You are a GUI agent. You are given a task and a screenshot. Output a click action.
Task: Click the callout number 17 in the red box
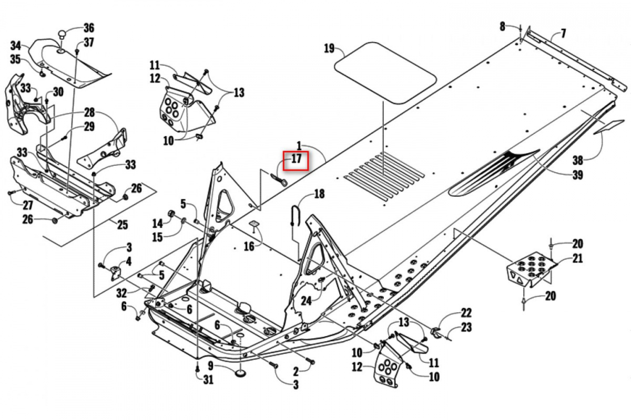[x=297, y=159]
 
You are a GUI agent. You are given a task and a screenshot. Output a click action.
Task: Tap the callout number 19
[x=329, y=48]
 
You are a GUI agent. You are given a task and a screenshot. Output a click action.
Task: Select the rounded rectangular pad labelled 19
[x=385, y=73]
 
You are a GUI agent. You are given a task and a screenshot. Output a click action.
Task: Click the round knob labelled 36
[x=62, y=36]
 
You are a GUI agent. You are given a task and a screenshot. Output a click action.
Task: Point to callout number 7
[x=563, y=34]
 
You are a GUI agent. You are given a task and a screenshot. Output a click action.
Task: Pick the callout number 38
[x=578, y=161]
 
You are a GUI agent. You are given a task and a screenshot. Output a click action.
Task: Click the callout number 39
[x=577, y=175]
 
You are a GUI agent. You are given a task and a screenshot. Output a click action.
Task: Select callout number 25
[x=122, y=225]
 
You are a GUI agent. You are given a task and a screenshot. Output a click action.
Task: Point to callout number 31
[x=208, y=380]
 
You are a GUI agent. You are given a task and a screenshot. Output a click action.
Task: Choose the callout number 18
[x=319, y=194]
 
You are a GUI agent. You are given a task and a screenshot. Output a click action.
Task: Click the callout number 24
[x=306, y=301]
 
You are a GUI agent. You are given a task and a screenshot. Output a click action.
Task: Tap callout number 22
[x=466, y=312]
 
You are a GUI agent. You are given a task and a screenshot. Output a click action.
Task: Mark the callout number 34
[x=16, y=46]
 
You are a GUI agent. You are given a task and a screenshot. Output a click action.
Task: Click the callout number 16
[x=249, y=247]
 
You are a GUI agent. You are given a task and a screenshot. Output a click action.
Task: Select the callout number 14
[x=157, y=224]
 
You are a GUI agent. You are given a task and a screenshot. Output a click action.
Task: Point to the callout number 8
[x=502, y=27]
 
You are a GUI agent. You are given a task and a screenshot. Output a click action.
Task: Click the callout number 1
[x=299, y=146]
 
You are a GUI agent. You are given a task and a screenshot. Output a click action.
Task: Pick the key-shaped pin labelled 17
[x=279, y=180]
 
